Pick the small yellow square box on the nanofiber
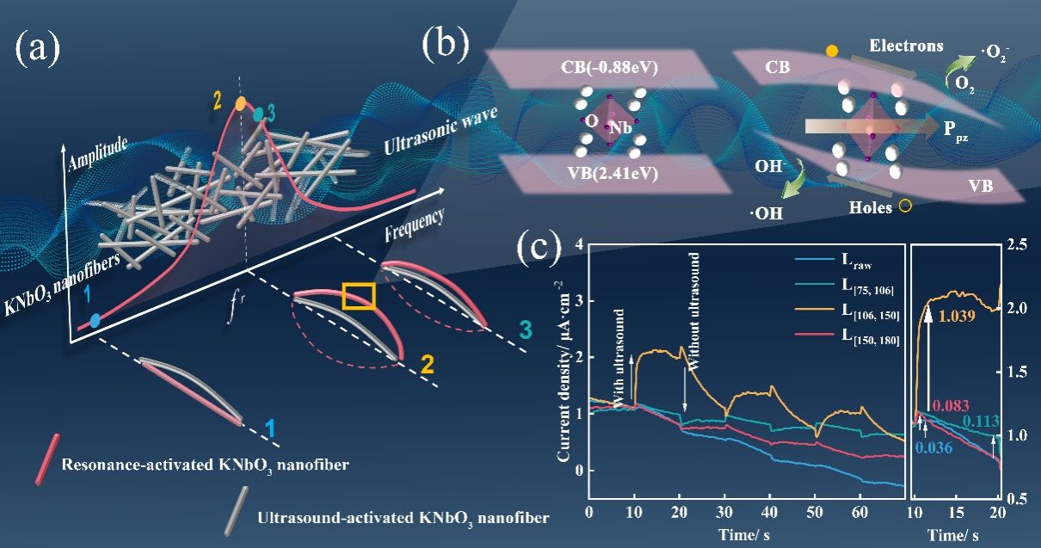358,295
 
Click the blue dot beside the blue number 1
95,319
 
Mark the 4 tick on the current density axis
578,245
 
